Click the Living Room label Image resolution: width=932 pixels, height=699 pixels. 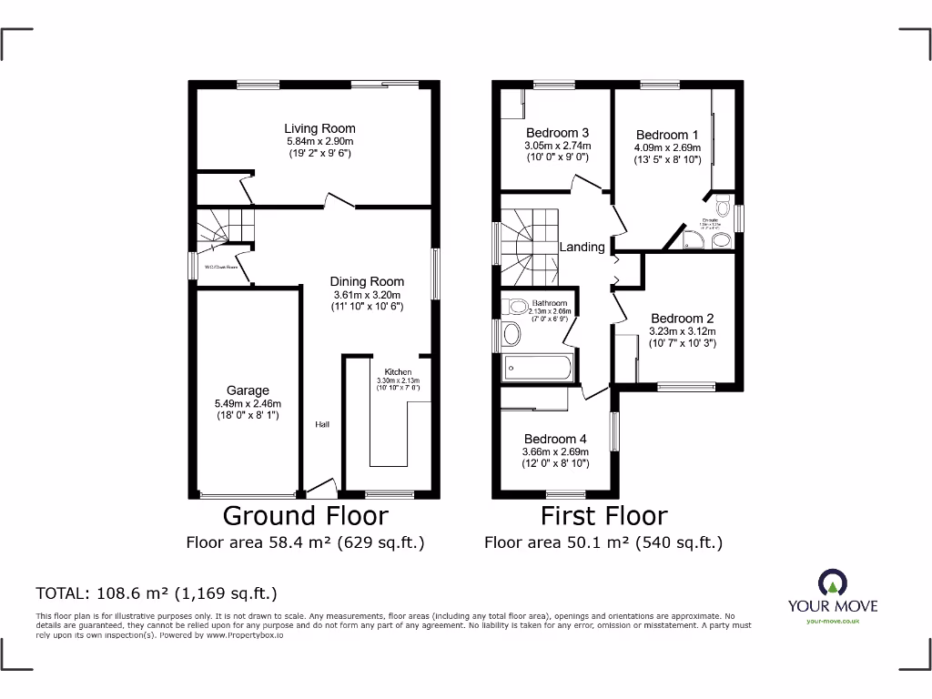point(319,128)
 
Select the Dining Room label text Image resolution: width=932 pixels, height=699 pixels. point(367,281)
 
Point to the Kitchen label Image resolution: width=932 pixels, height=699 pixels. point(398,372)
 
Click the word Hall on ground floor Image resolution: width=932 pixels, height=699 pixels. point(323,424)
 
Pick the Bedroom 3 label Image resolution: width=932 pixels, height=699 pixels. point(557,133)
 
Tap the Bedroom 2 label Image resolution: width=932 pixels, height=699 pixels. point(682,319)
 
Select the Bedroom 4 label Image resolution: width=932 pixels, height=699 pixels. point(555,439)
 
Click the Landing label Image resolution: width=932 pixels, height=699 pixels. point(582,247)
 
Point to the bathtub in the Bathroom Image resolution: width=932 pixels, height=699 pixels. point(537,369)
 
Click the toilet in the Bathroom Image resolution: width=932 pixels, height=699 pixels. point(510,337)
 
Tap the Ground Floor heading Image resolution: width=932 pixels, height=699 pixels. point(306,516)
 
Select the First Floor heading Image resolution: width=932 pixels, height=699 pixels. point(604,516)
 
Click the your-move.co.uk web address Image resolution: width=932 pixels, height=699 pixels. point(833,622)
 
